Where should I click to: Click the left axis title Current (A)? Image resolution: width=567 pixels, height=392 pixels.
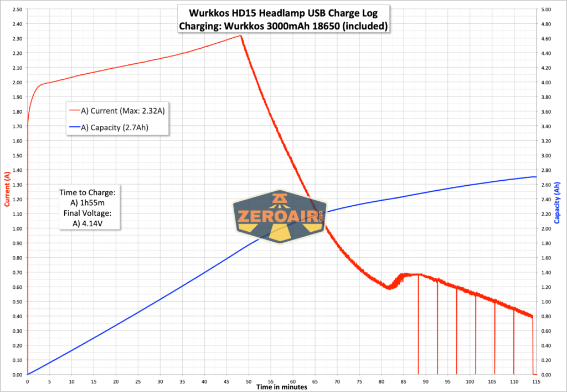[7, 189]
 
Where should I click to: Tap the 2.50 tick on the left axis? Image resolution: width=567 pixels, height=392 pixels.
[17, 9]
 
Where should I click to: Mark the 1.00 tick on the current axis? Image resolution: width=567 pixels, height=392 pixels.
[17, 228]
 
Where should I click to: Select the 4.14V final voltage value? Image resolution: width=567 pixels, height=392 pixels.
[95, 223]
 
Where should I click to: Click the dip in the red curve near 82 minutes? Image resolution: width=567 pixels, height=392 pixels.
[390, 288]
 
